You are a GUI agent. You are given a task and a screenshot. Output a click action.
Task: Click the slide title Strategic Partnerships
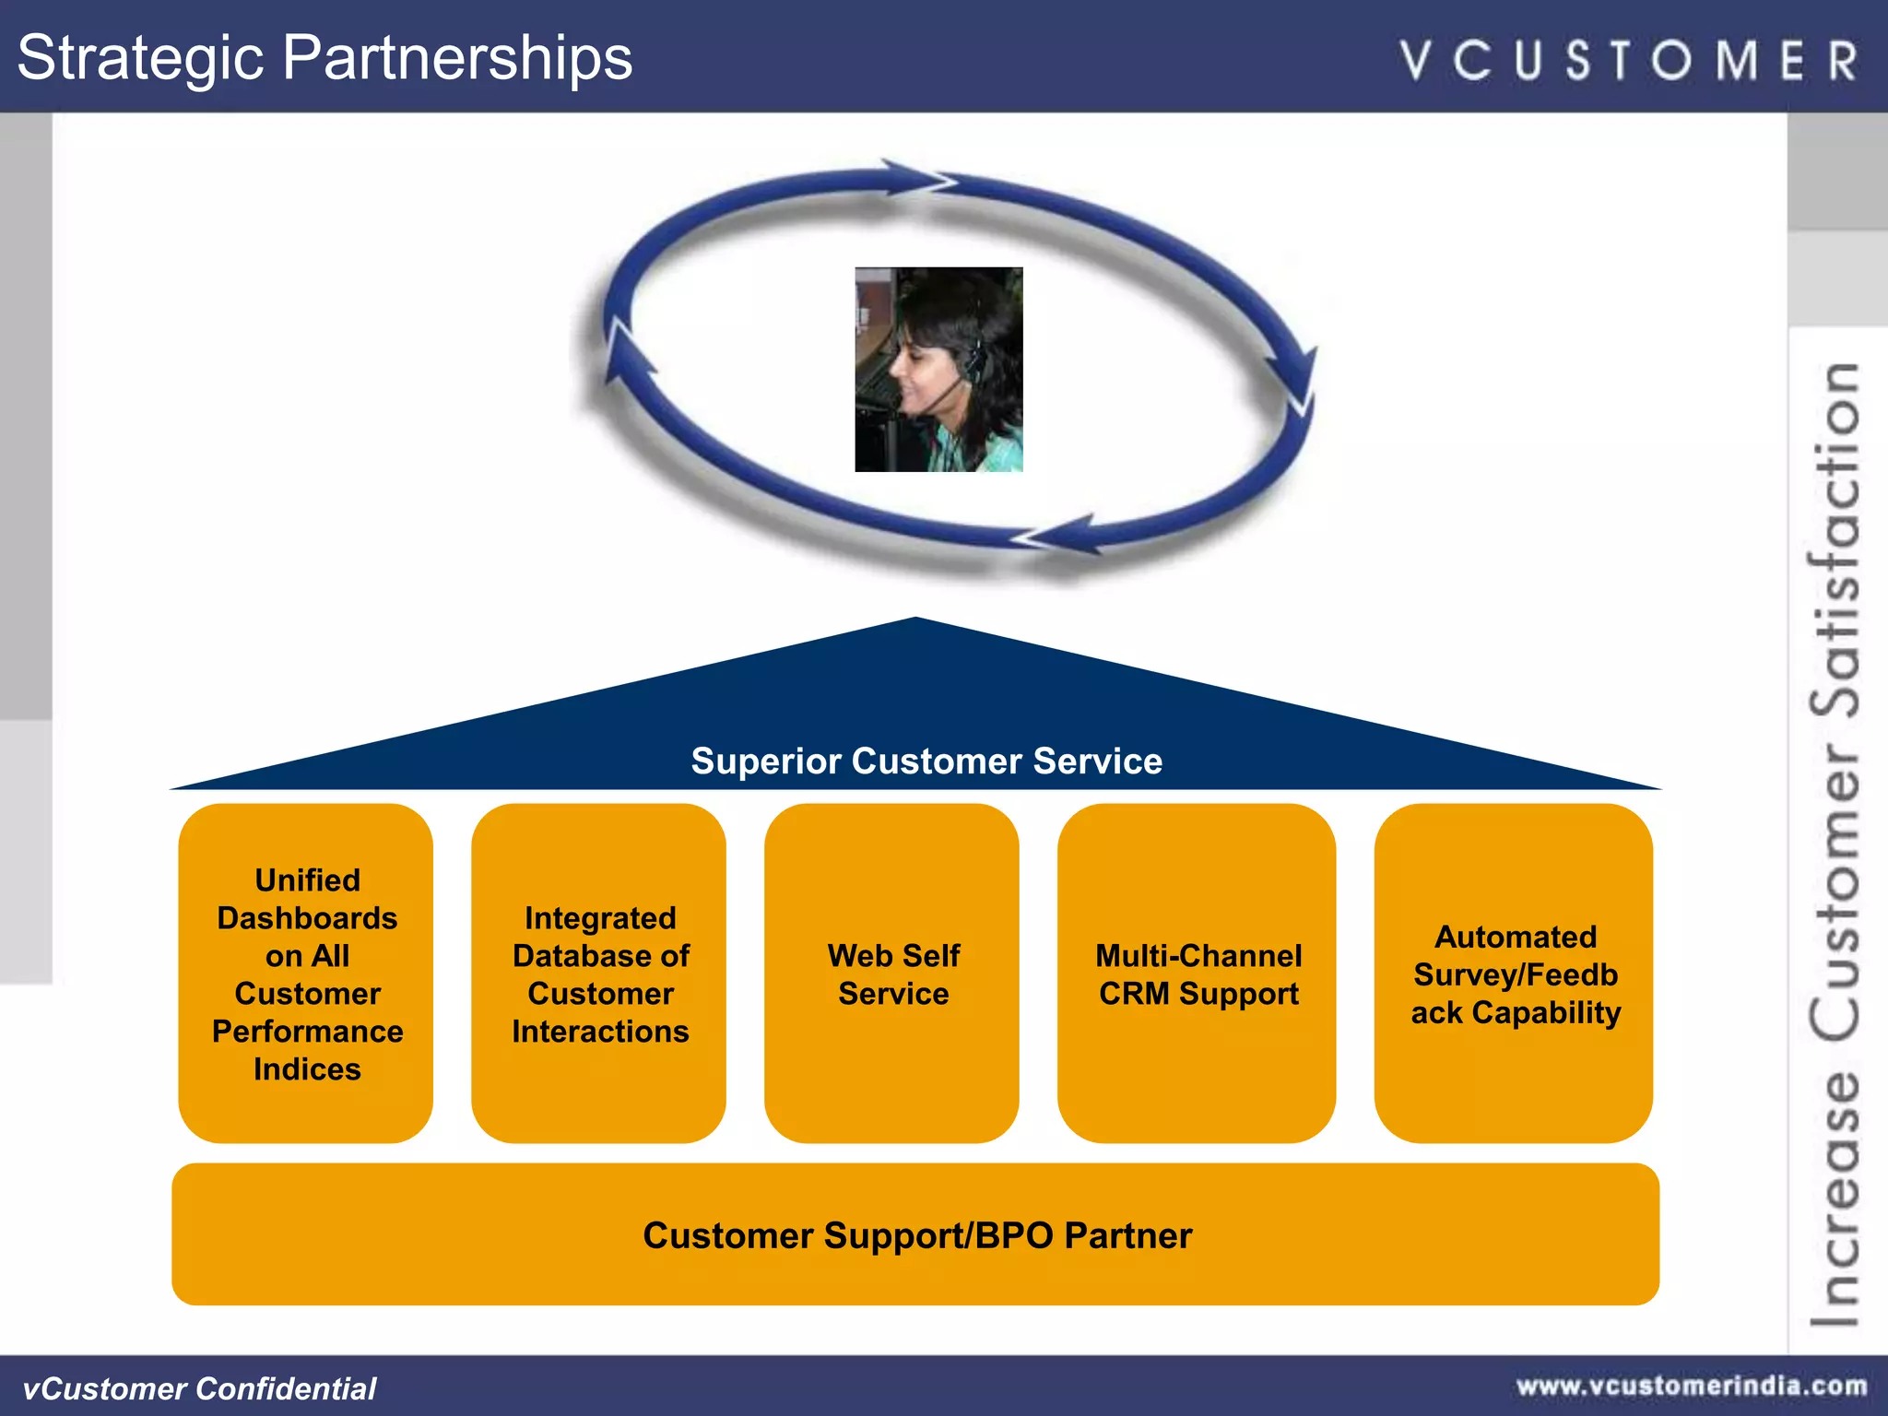324,57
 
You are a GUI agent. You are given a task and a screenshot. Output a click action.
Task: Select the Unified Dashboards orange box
306,973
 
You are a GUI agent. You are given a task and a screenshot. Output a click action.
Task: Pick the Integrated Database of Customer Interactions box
599,973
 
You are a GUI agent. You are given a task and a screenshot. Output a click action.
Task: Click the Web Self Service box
892,973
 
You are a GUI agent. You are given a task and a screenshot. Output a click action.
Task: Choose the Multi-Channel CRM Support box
1198,973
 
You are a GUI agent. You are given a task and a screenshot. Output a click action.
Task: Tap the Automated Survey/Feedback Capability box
1514,973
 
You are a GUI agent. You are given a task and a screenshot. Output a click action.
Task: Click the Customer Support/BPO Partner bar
916,1234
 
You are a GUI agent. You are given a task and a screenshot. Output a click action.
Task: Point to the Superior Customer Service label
926,761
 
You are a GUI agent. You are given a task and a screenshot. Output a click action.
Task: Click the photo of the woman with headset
938,370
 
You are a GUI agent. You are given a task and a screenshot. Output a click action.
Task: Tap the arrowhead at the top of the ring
917,177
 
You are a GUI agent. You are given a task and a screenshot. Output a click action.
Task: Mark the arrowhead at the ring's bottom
1060,535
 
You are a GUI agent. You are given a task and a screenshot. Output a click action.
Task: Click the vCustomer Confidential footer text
199,1388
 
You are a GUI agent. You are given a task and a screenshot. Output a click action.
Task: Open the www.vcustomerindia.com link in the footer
1692,1386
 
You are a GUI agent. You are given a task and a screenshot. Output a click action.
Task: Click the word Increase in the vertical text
1835,1198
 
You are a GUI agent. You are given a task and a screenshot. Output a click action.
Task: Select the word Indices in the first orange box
307,1069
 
